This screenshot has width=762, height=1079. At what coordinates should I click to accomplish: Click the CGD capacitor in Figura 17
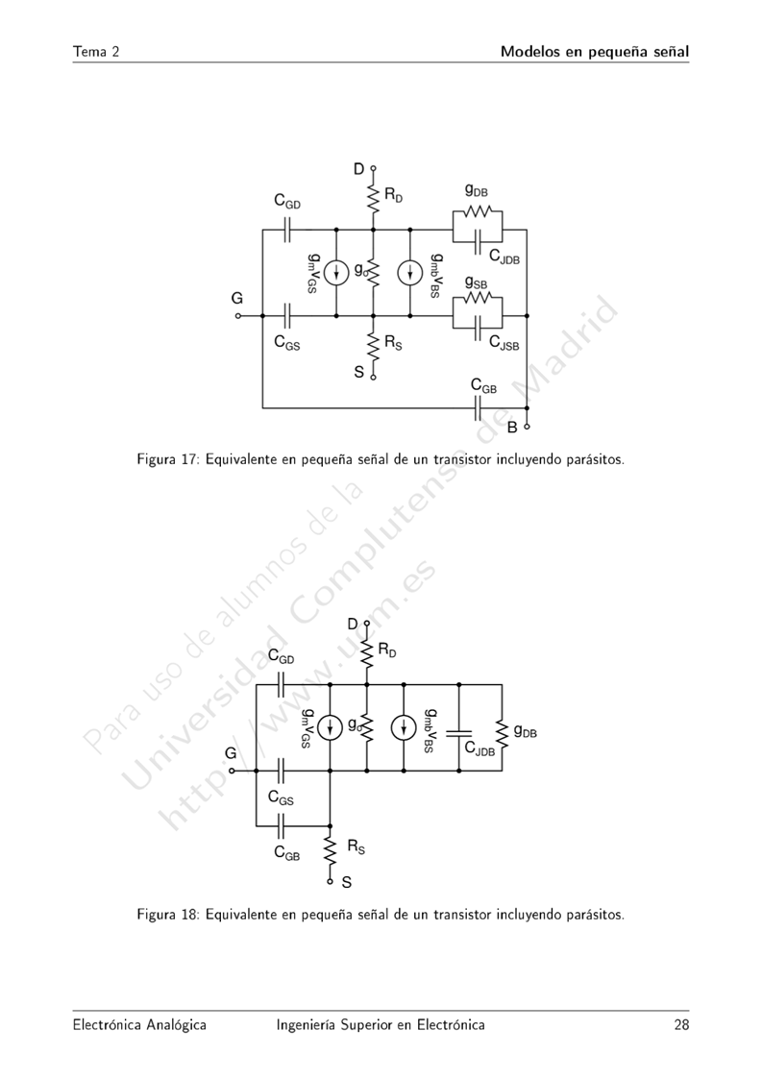click(287, 230)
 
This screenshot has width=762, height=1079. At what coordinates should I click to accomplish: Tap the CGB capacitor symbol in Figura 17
click(479, 408)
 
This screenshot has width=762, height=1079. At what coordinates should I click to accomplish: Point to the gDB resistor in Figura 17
click(478, 212)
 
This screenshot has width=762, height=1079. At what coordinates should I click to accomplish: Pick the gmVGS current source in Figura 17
click(336, 273)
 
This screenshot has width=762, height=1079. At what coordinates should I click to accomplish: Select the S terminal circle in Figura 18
click(330, 880)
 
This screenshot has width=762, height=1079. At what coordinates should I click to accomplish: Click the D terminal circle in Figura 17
click(373, 168)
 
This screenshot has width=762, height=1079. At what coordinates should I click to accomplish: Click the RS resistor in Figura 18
click(330, 848)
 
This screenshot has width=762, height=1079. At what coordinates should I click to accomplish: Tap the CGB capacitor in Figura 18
click(282, 824)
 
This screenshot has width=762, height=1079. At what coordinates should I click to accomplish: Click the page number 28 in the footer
click(681, 1025)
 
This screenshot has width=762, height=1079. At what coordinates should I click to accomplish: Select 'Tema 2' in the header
click(95, 51)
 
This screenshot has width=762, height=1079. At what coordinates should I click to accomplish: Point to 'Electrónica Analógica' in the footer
click(139, 1025)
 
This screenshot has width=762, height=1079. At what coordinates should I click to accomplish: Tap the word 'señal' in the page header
click(665, 51)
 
